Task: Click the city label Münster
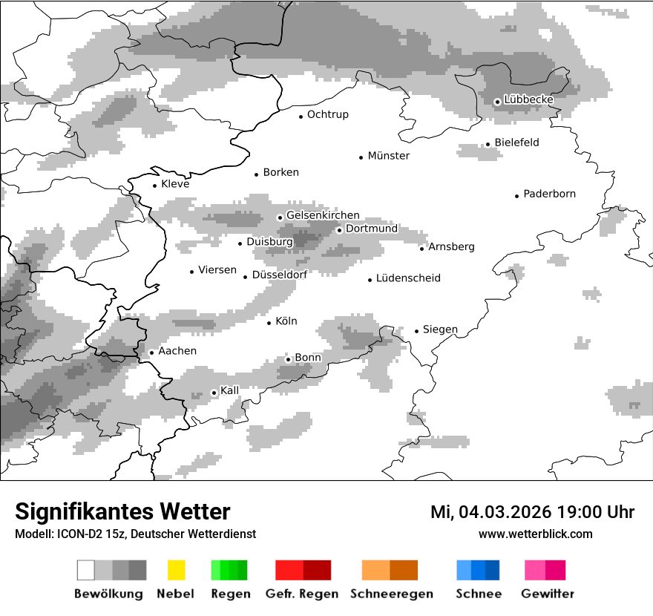389,156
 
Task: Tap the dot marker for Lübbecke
497,102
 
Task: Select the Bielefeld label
516,142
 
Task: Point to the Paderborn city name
549,194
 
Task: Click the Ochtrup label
327,114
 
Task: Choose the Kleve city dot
155,186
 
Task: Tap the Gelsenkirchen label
323,215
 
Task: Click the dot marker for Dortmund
339,230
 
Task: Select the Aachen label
177,351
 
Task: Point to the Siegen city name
440,330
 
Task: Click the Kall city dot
214,393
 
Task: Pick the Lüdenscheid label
408,278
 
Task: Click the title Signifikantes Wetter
122,511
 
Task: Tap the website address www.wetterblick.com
535,534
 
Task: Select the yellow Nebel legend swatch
176,570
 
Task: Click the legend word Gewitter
547,594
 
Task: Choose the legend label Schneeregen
391,594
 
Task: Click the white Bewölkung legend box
86,570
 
